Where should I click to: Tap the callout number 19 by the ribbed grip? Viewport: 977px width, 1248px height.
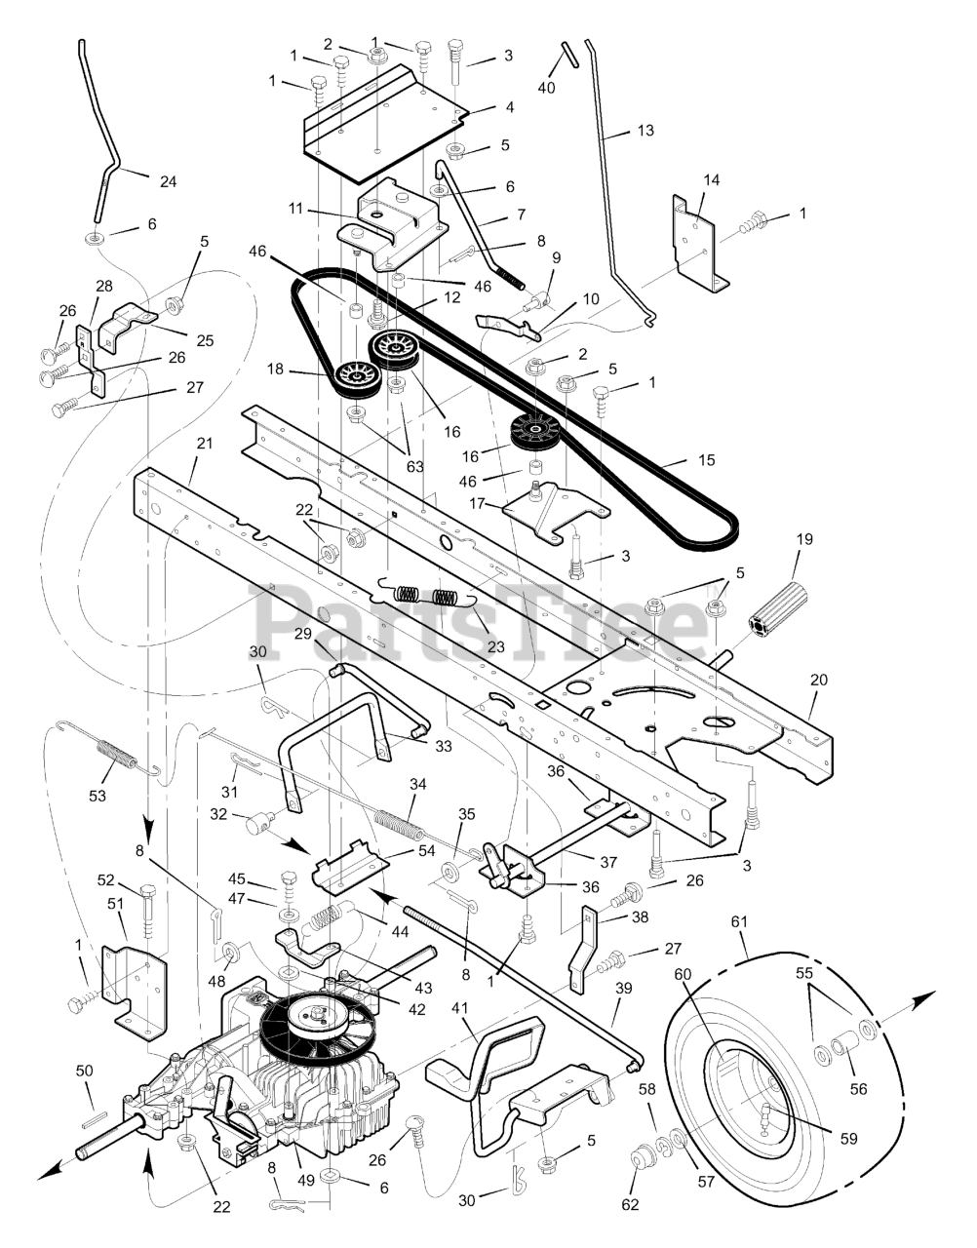pyautogui.click(x=804, y=539)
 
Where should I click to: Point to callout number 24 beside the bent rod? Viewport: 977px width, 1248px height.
pyautogui.click(x=168, y=181)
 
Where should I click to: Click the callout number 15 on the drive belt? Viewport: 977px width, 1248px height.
pyautogui.click(x=707, y=460)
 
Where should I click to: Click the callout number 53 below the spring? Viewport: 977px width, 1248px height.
pyautogui.click(x=98, y=796)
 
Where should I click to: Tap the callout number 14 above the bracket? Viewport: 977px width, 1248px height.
pyautogui.click(x=711, y=179)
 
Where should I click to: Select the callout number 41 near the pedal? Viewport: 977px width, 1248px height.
pyautogui.click(x=460, y=1008)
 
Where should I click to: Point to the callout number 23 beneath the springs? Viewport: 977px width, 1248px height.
pyautogui.click(x=495, y=646)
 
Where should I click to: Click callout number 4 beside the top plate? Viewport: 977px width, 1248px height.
pyautogui.click(x=509, y=107)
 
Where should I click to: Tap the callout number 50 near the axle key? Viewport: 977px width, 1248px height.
pyautogui.click(x=85, y=1070)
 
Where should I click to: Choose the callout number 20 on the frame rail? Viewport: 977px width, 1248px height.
pyautogui.click(x=818, y=680)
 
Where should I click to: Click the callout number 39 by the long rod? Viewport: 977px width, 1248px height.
pyautogui.click(x=623, y=988)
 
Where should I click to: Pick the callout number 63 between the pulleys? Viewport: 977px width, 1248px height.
pyautogui.click(x=414, y=466)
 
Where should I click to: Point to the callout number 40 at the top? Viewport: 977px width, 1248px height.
pyautogui.click(x=546, y=88)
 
